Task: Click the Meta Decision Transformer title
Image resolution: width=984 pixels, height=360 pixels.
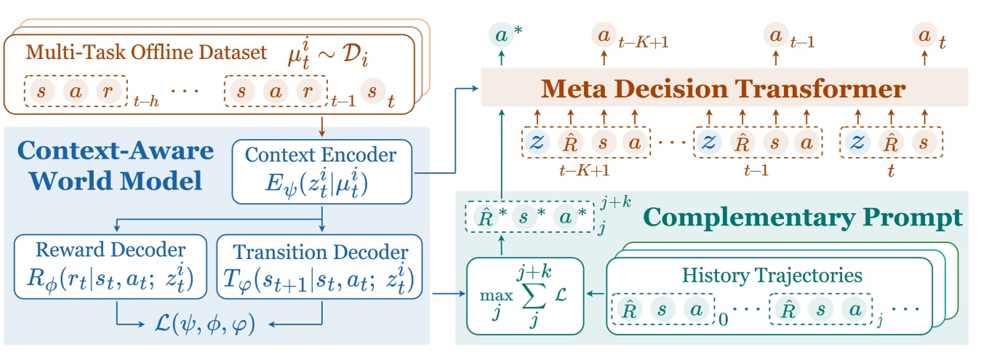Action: click(x=723, y=89)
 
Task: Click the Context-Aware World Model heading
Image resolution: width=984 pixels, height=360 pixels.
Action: click(x=117, y=164)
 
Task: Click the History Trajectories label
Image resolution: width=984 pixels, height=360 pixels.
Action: click(x=772, y=276)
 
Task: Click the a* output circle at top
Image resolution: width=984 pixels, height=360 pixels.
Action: click(x=500, y=35)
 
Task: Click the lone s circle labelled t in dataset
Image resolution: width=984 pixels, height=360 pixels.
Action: click(x=372, y=92)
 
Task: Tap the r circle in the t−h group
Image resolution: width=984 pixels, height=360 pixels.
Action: click(x=108, y=92)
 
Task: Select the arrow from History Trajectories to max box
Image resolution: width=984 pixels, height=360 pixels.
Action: click(x=596, y=294)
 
